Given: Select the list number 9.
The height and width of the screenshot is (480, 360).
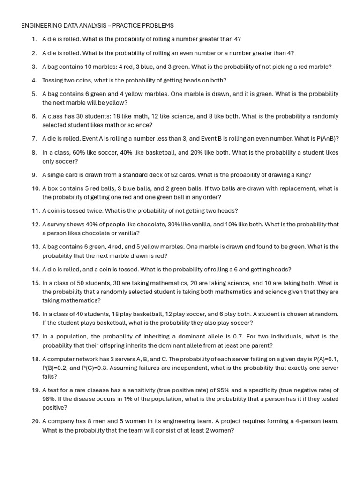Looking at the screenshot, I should [35, 175].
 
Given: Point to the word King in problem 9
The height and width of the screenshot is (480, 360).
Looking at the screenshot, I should [300, 175].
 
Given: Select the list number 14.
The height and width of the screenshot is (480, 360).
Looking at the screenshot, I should [36, 270].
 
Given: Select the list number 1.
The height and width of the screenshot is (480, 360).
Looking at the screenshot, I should [35, 39].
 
